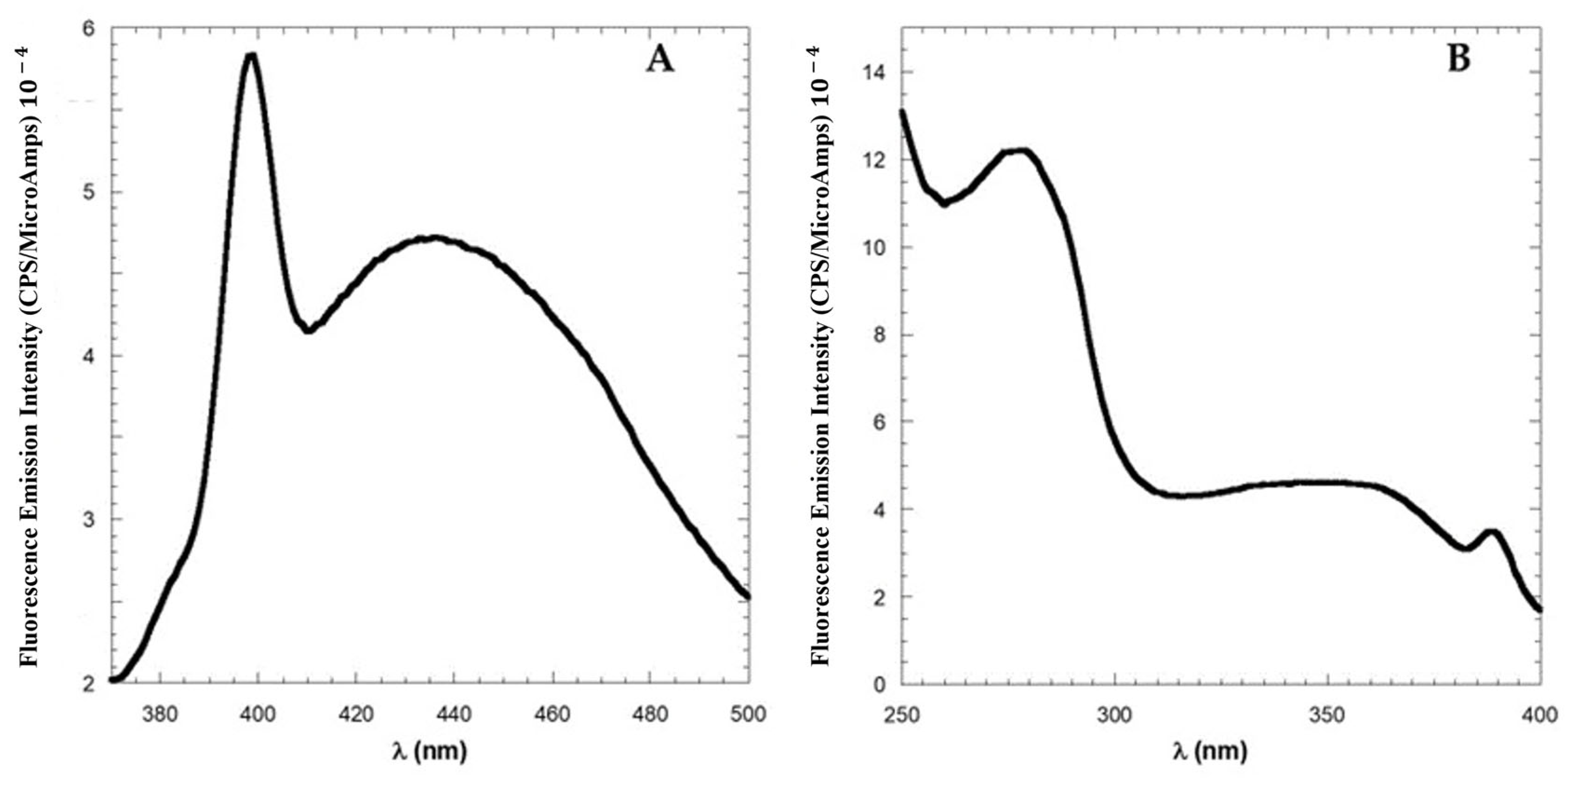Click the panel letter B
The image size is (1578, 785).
pyautogui.click(x=1458, y=60)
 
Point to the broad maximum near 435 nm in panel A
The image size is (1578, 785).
pyautogui.click(x=432, y=238)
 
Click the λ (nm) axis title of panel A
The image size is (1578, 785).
pyautogui.click(x=429, y=750)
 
